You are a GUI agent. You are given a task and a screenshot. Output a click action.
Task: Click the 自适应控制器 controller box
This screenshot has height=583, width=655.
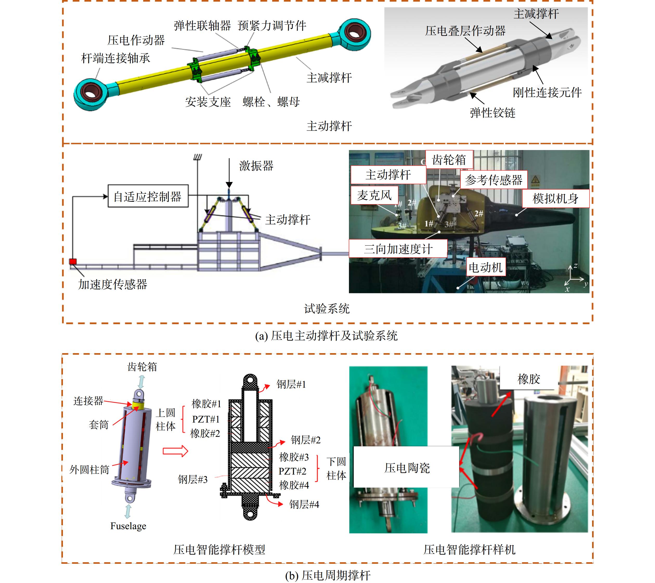pyautogui.click(x=148, y=196)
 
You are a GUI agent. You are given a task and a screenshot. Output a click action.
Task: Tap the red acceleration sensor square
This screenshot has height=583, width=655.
pyautogui.click(x=73, y=262)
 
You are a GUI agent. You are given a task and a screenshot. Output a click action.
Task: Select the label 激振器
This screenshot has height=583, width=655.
pyautogui.click(x=256, y=166)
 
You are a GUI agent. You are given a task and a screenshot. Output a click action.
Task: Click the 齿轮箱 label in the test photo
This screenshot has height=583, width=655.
pyautogui.click(x=449, y=160)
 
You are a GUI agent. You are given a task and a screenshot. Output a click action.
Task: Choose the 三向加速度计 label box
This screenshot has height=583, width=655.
pyautogui.click(x=398, y=249)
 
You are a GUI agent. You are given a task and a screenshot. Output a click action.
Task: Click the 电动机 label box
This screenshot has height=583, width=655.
pyautogui.click(x=486, y=267)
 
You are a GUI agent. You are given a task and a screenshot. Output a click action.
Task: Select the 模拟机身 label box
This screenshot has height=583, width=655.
pyautogui.click(x=556, y=199)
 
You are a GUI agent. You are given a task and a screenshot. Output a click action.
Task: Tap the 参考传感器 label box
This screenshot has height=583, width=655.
pyautogui.click(x=494, y=180)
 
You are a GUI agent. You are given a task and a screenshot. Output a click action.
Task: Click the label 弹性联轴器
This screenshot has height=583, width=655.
pyautogui.click(x=202, y=26)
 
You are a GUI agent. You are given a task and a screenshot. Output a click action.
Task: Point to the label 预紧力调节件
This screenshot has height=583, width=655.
pyautogui.click(x=272, y=26)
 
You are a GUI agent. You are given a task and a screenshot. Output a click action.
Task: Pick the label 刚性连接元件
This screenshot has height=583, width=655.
pyautogui.click(x=547, y=93)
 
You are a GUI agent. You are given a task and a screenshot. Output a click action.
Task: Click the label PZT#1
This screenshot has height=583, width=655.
pyautogui.click(x=206, y=419)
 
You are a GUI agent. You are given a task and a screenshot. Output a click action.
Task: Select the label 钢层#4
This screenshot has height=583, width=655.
pyautogui.click(x=304, y=504)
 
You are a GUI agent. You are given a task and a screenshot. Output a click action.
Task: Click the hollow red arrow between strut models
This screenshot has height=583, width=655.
pyautogui.click(x=175, y=451)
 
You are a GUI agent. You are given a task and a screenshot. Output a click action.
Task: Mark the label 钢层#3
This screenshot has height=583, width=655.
pyautogui.click(x=193, y=480)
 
